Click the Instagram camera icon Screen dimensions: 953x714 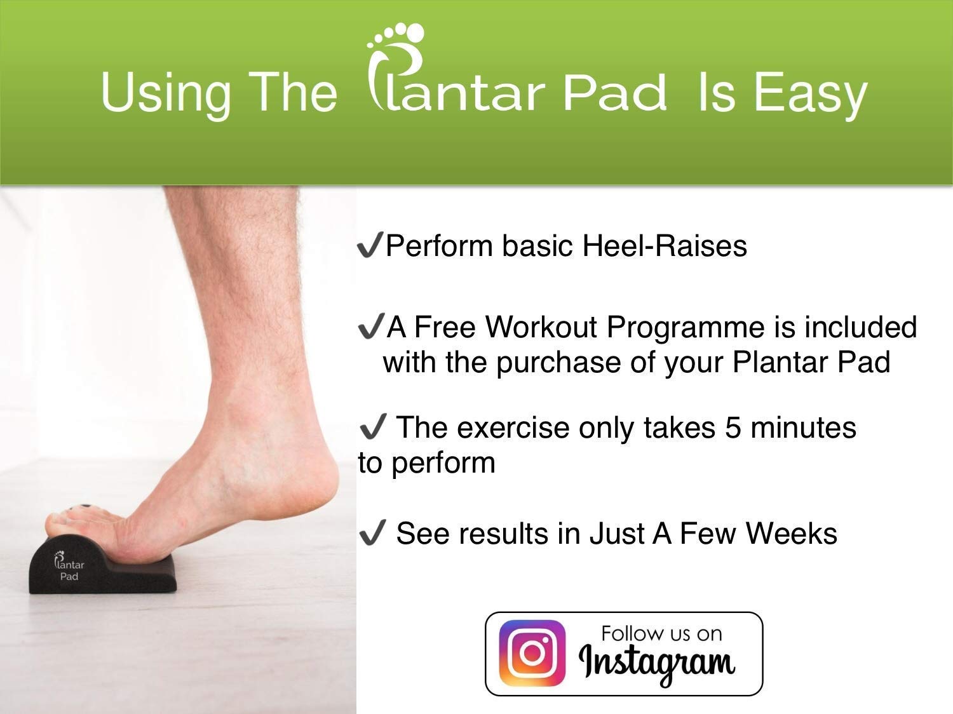point(532,653)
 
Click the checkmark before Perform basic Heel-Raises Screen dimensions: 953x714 point(370,245)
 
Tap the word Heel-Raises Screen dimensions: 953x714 point(665,246)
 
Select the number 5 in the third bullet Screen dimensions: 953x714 point(733,428)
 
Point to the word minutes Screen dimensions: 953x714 point(804,428)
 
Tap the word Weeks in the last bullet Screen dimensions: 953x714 point(791,533)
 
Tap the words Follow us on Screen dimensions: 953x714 point(661,634)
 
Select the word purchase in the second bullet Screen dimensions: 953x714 point(558,363)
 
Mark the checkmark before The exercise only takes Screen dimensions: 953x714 point(372,426)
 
